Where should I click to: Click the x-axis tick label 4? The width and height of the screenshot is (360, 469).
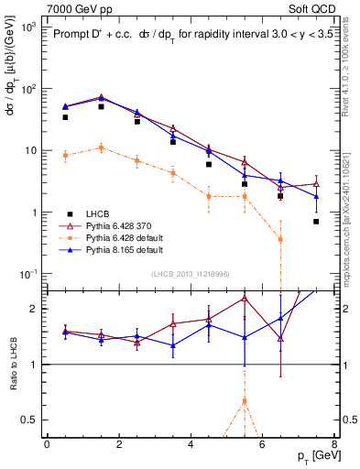pos(191,444)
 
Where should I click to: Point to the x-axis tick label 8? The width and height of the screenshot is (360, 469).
pos(333,444)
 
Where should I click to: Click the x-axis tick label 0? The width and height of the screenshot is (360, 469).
pos(47,444)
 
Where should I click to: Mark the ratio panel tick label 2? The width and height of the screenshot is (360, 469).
pos(32,309)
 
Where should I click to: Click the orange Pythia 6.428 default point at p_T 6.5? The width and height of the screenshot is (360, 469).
pos(280,239)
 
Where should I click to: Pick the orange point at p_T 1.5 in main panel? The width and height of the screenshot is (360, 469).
pos(101,147)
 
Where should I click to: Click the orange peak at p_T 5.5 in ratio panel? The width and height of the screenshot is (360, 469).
pos(245,400)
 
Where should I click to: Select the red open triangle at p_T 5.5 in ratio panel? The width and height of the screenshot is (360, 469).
pos(245,298)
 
